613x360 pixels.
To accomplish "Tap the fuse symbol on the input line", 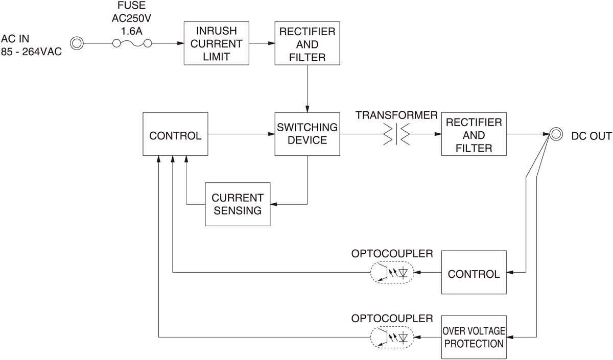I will (133, 44).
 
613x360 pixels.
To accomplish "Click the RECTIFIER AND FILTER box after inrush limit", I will (308, 43).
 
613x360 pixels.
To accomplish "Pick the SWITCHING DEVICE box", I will (308, 134).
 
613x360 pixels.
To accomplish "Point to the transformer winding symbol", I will (396, 134).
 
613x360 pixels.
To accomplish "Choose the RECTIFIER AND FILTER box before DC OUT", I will (474, 134).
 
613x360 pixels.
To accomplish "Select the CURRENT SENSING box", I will (238, 204).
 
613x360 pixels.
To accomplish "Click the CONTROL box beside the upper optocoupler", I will (474, 273).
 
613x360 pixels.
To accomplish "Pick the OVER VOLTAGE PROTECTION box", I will (474, 337).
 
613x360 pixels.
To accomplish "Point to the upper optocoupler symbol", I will (391, 273).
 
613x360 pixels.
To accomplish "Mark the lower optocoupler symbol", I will (391, 337).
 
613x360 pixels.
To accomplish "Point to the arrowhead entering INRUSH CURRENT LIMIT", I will (180, 44).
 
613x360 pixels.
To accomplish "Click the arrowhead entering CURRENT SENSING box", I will (273, 204).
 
